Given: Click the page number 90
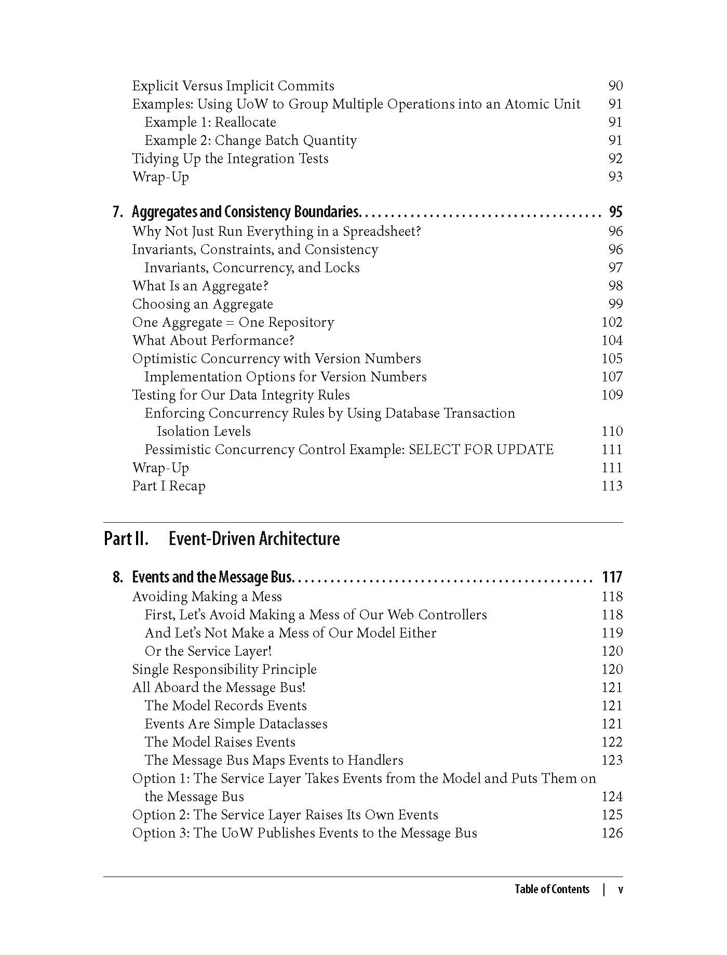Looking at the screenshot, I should click(615, 86).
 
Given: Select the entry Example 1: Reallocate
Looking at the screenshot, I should click(210, 122).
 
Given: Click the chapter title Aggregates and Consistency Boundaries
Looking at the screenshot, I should click(245, 212).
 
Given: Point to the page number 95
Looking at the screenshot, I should click(615, 212).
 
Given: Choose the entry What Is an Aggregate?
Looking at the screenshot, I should click(200, 286).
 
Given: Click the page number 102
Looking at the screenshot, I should click(612, 322).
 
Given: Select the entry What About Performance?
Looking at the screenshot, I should click(213, 340).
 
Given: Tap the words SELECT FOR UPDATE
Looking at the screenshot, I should click(481, 449).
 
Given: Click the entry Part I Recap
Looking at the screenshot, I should click(169, 486).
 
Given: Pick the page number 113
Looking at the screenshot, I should click(612, 486).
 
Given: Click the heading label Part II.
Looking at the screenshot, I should click(126, 539).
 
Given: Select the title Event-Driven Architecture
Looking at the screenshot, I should click(254, 539).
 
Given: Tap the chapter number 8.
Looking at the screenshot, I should click(118, 577).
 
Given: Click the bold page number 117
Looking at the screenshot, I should click(612, 577).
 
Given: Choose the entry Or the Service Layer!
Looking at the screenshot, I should click(208, 651).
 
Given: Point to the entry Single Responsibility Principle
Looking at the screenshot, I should click(224, 669).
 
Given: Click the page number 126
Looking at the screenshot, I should click(612, 833).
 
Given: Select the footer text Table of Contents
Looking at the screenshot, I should click(552, 889).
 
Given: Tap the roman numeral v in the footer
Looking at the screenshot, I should click(620, 889).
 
